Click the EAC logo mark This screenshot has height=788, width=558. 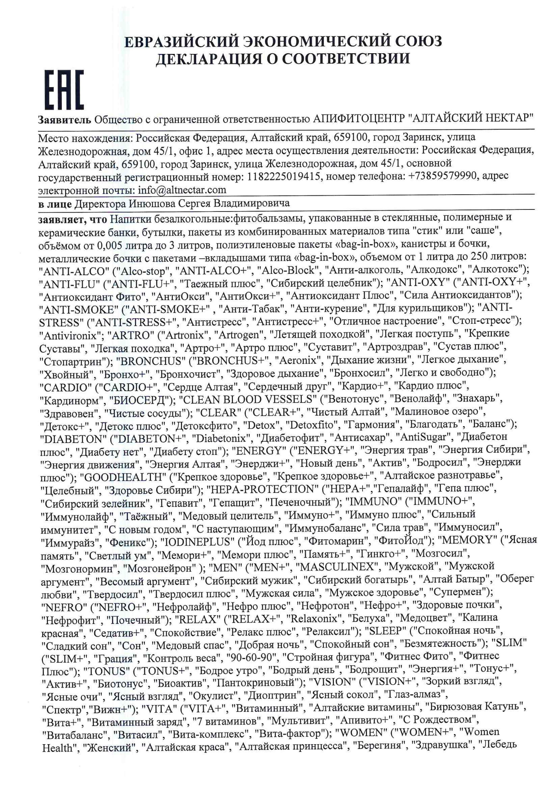tap(64, 90)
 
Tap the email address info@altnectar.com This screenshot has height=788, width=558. tap(182, 190)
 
